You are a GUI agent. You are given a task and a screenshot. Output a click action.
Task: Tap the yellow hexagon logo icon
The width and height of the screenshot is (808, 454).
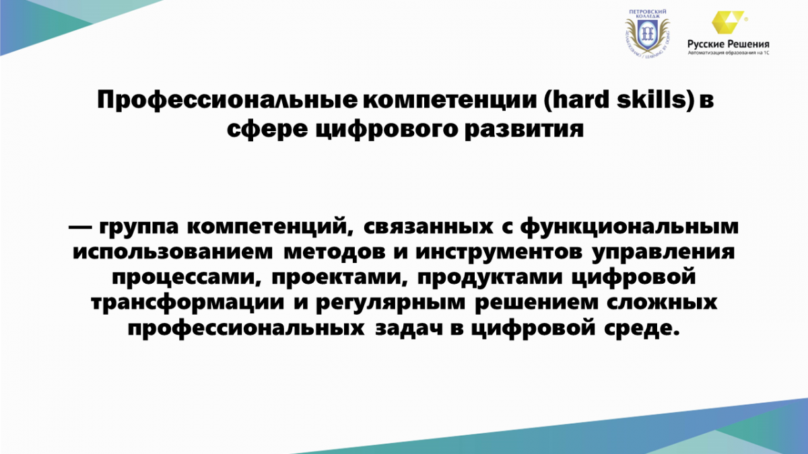point(727,22)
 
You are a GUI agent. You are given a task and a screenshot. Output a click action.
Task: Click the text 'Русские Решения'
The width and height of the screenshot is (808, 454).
point(728,44)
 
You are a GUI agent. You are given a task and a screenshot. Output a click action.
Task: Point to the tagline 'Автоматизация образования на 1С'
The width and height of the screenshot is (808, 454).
point(729,53)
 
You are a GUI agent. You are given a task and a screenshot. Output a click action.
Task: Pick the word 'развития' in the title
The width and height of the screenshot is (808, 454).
point(524,130)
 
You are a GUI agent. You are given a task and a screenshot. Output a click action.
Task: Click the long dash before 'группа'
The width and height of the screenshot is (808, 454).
point(80,227)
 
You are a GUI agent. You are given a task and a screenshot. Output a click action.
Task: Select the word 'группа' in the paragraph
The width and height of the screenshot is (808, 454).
point(139,228)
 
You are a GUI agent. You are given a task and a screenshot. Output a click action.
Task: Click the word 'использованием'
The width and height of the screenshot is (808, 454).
point(173,252)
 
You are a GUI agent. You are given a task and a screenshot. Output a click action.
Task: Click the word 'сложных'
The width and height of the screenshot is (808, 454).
point(661,303)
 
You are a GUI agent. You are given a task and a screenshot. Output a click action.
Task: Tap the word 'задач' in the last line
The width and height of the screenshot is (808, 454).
point(409,329)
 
